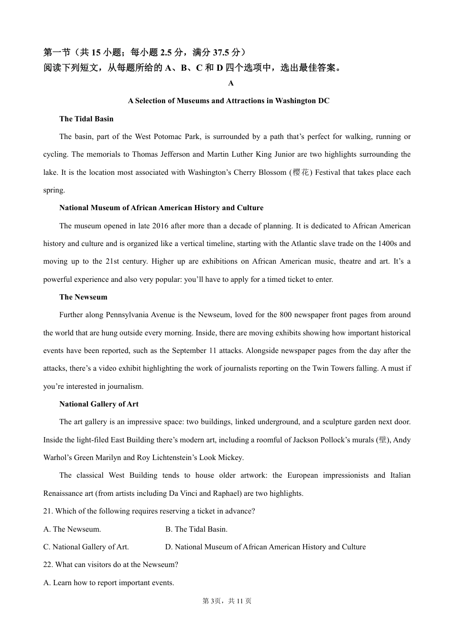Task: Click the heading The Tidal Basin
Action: [86, 119]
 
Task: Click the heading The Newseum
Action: [83, 297]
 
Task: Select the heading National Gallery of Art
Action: [98, 404]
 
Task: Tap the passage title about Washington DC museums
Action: [228, 101]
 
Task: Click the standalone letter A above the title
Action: [231, 83]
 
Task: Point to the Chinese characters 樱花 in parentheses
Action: [301, 172]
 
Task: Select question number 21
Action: [47, 511]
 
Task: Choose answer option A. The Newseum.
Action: [72, 529]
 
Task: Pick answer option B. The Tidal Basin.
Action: [196, 529]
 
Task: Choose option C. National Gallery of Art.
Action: [86, 547]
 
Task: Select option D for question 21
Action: [265, 547]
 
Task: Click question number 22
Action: [47, 565]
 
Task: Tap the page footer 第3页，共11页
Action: [227, 601]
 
